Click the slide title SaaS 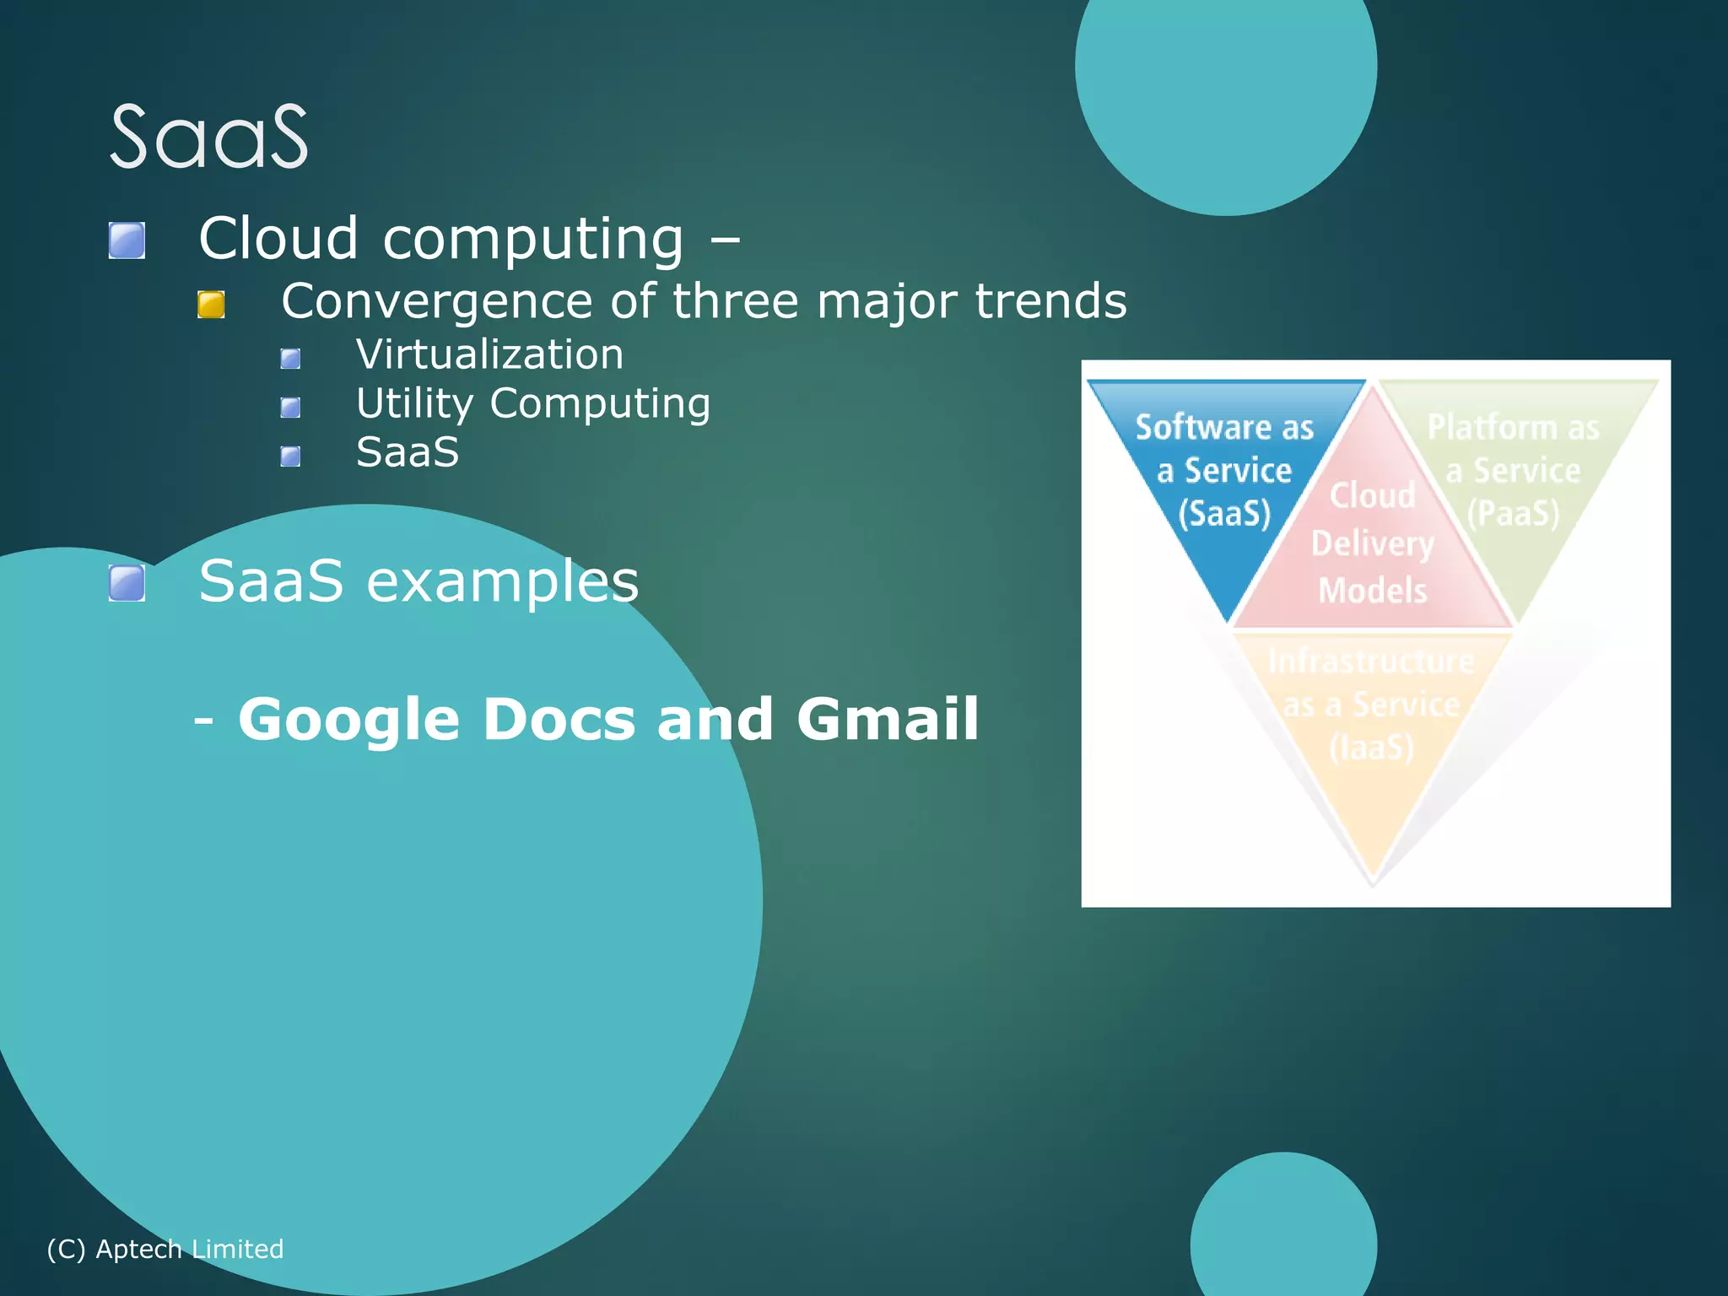click(x=208, y=138)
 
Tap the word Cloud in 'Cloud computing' click(x=278, y=239)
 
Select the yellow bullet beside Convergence click(x=211, y=305)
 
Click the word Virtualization click(x=489, y=354)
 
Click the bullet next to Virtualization click(x=290, y=359)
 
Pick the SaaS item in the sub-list click(x=408, y=452)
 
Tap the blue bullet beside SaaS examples click(x=127, y=583)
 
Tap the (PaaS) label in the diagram click(x=1513, y=513)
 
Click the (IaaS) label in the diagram click(x=1371, y=748)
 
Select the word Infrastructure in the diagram click(x=1371, y=661)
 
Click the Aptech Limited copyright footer click(x=165, y=1249)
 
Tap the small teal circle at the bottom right click(x=1283, y=1232)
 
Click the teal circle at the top click(x=1225, y=84)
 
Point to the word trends click(x=1050, y=301)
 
